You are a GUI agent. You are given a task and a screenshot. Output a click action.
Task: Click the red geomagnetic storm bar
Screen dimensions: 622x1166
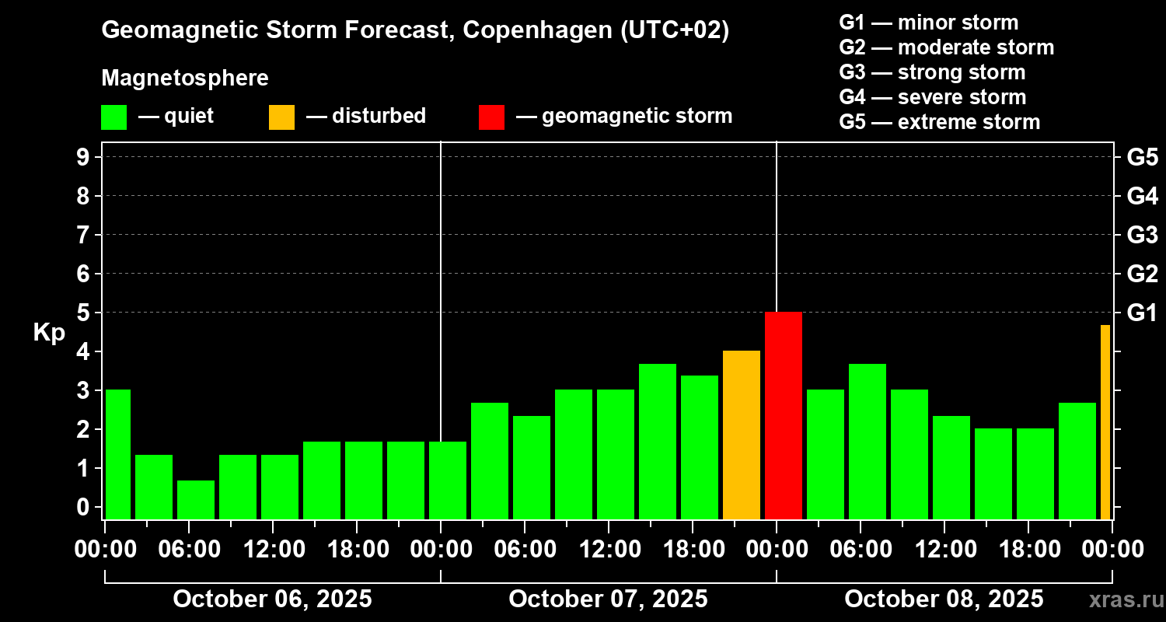pyautogui.click(x=783, y=416)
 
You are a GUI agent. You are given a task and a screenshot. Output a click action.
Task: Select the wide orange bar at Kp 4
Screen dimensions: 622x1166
pyautogui.click(x=741, y=435)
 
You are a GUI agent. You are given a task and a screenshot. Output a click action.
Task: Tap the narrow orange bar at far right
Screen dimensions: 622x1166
pyautogui.click(x=1105, y=422)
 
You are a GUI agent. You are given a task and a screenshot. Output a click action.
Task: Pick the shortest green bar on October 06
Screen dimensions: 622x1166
pyautogui.click(x=195, y=500)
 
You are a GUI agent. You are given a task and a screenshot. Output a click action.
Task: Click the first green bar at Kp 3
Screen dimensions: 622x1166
pyautogui.click(x=117, y=455)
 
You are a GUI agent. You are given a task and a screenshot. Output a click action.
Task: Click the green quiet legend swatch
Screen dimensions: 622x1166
pyautogui.click(x=113, y=117)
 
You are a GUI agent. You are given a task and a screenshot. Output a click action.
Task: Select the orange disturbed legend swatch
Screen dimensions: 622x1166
pyautogui.click(x=281, y=117)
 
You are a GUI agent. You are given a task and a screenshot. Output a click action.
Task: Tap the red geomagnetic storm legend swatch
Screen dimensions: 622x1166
pyautogui.click(x=491, y=117)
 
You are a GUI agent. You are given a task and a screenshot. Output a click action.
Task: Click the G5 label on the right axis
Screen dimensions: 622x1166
pyautogui.click(x=1142, y=157)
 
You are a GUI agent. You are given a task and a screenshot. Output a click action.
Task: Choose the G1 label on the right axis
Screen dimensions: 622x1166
pyautogui.click(x=1142, y=313)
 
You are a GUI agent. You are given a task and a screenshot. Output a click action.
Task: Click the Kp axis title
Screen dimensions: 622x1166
pyautogui.click(x=49, y=333)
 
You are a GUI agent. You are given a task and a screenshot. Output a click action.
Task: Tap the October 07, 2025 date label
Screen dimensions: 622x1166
pyautogui.click(x=608, y=599)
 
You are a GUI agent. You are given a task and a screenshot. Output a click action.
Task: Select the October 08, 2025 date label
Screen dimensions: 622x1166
pyautogui.click(x=944, y=599)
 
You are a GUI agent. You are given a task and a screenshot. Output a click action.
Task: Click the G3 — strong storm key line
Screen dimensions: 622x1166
pyautogui.click(x=932, y=72)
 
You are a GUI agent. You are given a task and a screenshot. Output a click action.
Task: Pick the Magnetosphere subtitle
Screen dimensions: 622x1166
pyautogui.click(x=185, y=79)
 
